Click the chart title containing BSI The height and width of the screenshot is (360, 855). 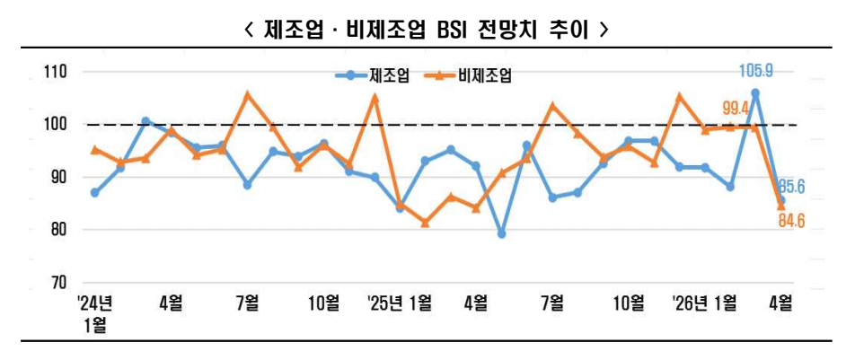[x=427, y=29]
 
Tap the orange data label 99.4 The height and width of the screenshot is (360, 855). [x=736, y=110]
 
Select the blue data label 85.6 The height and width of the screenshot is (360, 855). [x=790, y=188]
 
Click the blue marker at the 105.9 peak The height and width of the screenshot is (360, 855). [x=755, y=92]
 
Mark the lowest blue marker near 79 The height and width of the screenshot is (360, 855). [x=501, y=234]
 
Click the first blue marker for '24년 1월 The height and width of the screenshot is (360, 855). [x=95, y=193]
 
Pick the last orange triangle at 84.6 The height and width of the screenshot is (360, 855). [x=781, y=206]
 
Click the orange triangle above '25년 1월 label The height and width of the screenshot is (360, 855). [x=375, y=98]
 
